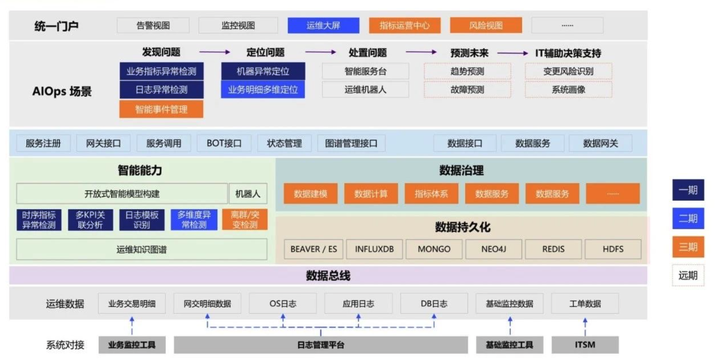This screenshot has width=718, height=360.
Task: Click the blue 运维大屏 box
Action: (x=323, y=26)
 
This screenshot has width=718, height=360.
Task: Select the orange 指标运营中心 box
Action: (x=405, y=26)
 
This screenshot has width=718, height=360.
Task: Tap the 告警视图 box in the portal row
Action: (x=153, y=26)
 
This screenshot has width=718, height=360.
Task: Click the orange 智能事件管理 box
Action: (x=161, y=109)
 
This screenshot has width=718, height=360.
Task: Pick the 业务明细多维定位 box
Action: (x=263, y=90)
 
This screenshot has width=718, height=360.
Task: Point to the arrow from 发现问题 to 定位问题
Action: (x=215, y=52)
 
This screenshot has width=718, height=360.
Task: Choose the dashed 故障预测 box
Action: (x=467, y=90)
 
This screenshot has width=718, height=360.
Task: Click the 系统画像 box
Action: (x=568, y=90)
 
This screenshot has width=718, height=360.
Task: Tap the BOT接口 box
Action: (x=224, y=143)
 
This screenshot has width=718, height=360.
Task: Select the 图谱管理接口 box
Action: (x=351, y=143)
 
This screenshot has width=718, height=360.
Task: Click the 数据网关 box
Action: (x=600, y=143)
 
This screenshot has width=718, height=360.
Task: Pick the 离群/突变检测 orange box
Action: (x=245, y=220)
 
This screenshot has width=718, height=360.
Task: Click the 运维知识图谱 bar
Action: (x=141, y=250)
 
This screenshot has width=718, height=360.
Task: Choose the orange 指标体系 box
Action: (x=431, y=194)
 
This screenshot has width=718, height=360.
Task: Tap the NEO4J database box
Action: (x=493, y=249)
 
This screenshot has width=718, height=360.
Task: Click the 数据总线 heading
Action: (x=328, y=276)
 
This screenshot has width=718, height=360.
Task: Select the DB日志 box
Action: (x=434, y=304)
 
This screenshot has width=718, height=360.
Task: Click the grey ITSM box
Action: (x=585, y=345)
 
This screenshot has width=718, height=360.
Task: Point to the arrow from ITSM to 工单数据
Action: (x=585, y=326)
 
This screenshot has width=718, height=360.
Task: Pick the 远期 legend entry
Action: (x=688, y=275)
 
